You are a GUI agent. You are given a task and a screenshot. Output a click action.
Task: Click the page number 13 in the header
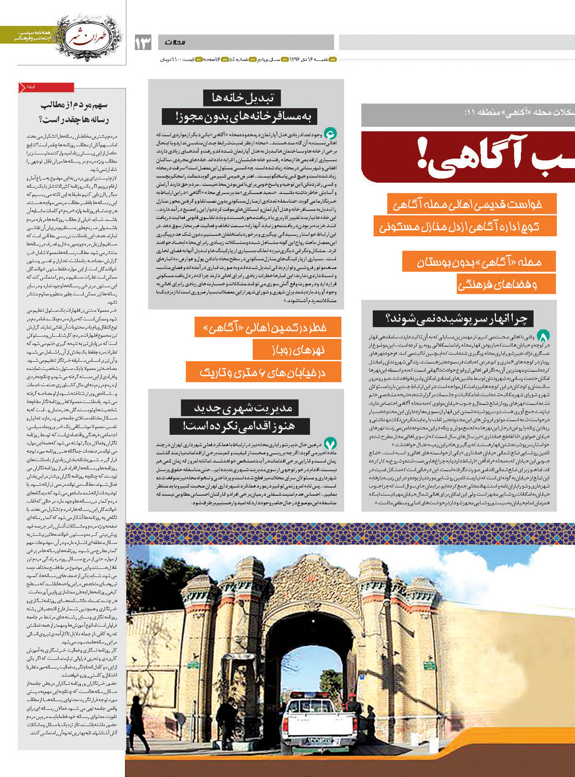143,43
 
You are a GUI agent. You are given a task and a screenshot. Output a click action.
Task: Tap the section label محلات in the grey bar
175,43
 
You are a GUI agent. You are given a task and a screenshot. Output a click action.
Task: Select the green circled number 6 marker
330,133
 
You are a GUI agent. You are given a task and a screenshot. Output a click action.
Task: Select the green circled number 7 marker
330,444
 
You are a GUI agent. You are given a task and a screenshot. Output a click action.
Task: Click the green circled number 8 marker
543,336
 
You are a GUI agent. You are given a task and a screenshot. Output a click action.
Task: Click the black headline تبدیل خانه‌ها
242,98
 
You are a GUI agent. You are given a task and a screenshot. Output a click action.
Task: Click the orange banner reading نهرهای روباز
297,350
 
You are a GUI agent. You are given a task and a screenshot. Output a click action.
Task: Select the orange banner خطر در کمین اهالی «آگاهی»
268,327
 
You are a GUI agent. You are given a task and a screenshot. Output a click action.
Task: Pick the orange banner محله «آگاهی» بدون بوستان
479,262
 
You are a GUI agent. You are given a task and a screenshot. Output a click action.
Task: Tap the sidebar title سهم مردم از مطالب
74,104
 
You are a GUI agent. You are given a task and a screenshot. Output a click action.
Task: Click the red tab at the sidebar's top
46,87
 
